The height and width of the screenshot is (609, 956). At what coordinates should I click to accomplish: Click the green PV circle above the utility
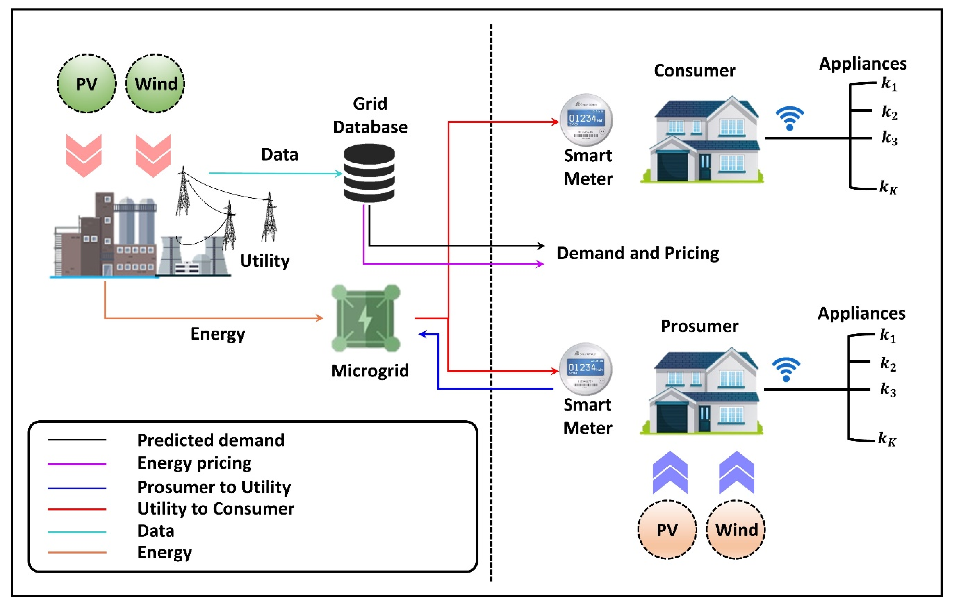pos(86,83)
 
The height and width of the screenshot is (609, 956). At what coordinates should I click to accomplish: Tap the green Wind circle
pos(155,83)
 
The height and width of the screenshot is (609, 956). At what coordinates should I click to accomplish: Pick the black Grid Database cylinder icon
pos(369,173)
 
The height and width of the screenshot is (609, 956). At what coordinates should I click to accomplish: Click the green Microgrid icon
pos(366,318)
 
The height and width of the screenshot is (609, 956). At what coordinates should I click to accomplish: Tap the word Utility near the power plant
pos(264,261)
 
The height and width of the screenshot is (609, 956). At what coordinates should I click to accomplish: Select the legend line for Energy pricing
pos(77,464)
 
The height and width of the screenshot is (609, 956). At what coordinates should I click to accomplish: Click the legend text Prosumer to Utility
pos(214,487)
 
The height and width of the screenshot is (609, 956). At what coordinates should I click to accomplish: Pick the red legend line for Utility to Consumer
pos(77,509)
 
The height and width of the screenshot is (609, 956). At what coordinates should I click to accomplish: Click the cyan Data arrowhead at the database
pos(339,173)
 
